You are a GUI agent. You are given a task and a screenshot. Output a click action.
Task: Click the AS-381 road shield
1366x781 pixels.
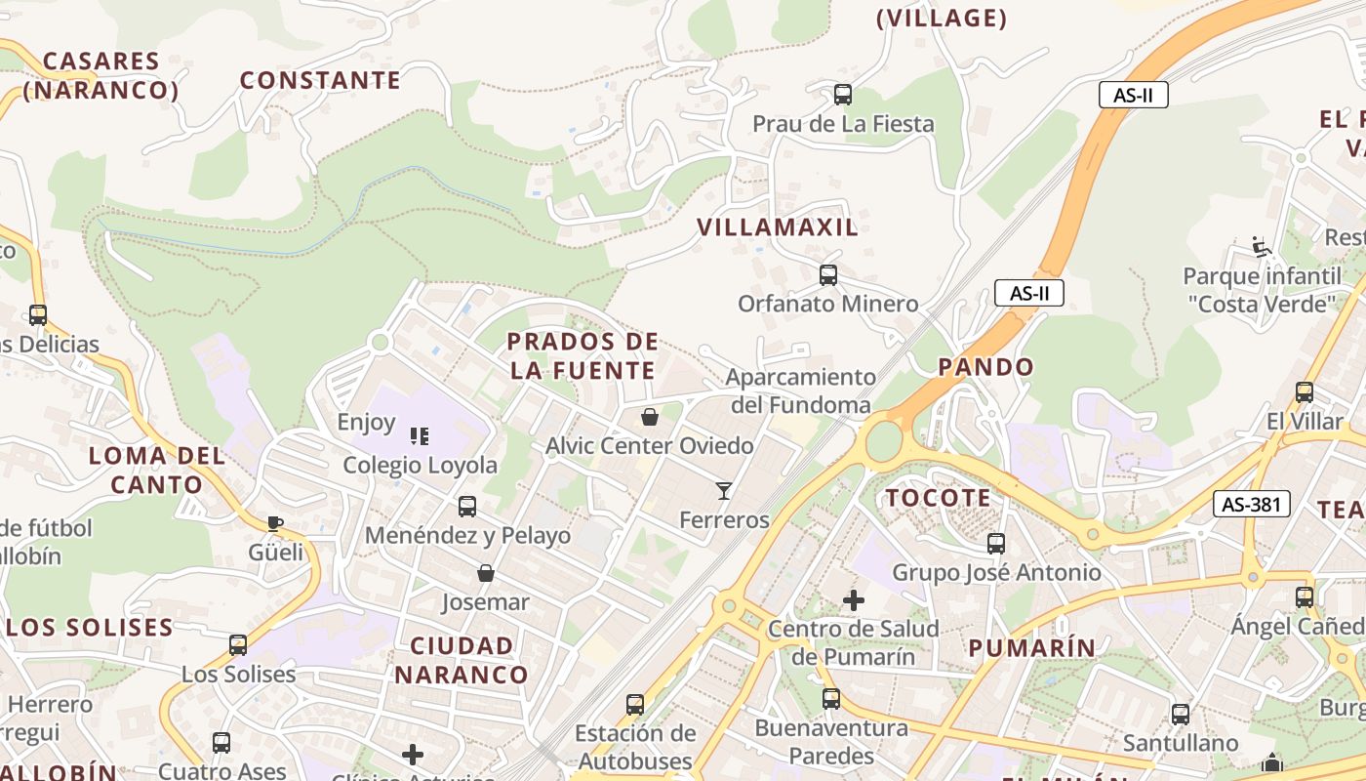(1252, 504)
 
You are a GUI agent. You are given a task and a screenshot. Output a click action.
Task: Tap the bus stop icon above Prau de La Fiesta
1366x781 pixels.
(843, 95)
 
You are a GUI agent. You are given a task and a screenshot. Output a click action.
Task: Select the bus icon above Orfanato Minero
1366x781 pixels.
(828, 275)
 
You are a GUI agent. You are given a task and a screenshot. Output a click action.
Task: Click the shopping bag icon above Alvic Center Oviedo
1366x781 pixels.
(650, 417)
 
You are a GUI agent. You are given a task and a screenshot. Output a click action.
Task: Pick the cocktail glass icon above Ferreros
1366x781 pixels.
(723, 490)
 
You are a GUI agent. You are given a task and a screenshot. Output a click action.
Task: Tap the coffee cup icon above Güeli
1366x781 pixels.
(275, 524)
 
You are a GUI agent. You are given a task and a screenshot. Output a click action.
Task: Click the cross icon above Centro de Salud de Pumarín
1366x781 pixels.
(854, 599)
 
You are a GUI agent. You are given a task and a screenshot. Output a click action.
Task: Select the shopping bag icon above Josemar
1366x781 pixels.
(485, 573)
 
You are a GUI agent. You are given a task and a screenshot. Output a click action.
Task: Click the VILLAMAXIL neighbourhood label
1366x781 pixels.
(778, 227)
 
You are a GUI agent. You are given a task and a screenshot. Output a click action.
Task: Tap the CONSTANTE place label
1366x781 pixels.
(320, 80)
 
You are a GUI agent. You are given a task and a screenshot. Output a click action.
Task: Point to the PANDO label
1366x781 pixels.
(985, 367)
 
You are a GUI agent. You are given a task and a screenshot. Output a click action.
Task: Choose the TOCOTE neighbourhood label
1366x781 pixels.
(938, 498)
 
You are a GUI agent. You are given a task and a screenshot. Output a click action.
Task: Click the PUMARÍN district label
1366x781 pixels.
(1032, 647)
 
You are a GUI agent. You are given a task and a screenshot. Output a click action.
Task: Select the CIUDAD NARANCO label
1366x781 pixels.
(462, 660)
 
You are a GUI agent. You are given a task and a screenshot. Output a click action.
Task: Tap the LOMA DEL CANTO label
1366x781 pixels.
(157, 470)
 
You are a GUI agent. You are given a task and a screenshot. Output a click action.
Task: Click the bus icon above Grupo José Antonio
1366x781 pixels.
(996, 544)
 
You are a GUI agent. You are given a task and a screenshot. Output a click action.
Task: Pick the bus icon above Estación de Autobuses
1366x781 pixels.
(635, 704)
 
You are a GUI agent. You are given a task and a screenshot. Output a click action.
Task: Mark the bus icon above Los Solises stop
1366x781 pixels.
(238, 645)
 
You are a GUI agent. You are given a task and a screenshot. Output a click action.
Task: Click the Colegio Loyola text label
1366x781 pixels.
(420, 466)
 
